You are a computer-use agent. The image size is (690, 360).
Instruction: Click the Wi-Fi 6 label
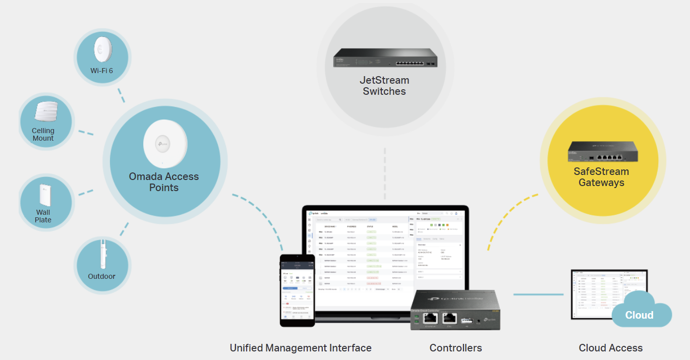point(101,71)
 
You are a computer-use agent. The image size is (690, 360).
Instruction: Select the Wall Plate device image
point(43,195)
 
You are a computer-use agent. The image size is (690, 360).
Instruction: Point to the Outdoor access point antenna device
point(102,255)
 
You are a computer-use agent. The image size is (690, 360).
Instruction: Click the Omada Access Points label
point(164,182)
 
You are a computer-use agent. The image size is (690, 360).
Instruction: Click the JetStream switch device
point(385,58)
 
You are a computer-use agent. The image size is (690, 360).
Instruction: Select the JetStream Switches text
point(384,86)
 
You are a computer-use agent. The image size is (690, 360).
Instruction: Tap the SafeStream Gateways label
point(601,177)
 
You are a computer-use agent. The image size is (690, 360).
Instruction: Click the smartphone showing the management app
point(298,290)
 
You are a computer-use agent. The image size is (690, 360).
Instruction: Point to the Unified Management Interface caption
point(301,348)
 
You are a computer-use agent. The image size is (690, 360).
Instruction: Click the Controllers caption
point(455,348)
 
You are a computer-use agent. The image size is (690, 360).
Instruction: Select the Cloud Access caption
point(610,348)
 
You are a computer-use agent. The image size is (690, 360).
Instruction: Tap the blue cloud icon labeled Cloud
point(640,313)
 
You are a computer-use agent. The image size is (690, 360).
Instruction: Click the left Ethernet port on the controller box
point(430,318)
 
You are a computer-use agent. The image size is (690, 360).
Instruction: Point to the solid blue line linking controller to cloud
point(538,294)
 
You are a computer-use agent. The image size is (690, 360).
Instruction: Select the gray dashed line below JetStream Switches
point(385,174)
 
